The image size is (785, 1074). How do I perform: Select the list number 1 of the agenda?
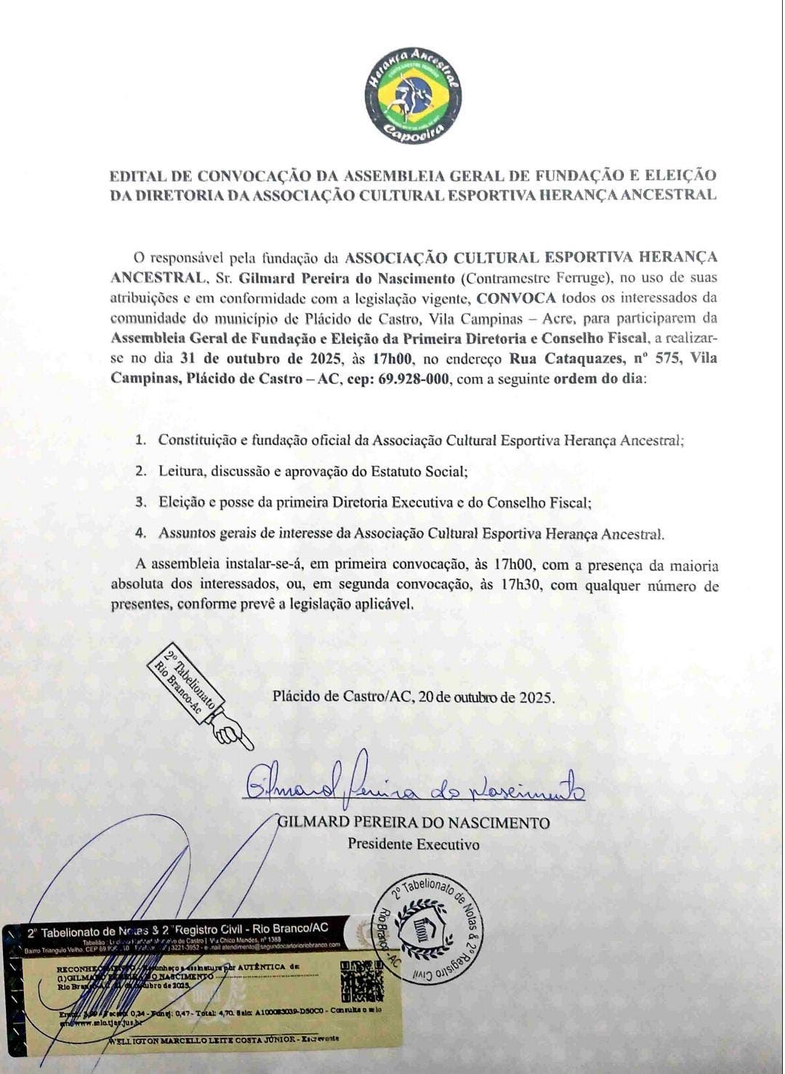pos(141,440)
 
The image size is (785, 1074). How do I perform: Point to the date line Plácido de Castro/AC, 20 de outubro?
pos(414,696)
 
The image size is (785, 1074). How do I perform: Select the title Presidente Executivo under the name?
pos(413,844)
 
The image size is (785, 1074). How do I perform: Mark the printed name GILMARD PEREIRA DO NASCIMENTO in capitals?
pos(414,823)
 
